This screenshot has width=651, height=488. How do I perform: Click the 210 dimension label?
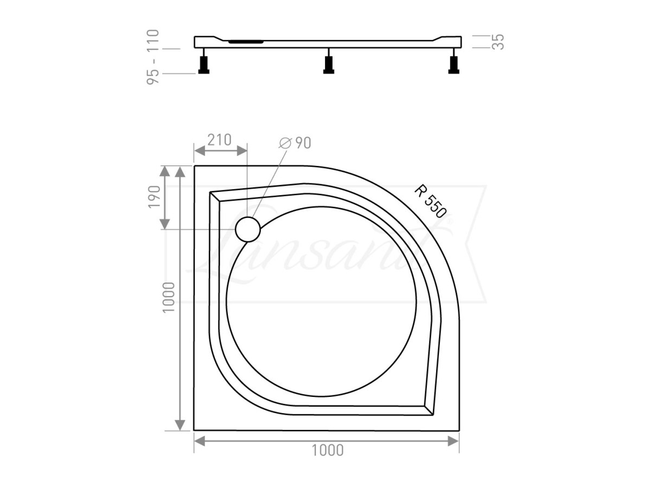coord(219,139)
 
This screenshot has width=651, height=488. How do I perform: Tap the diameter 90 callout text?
coord(295,143)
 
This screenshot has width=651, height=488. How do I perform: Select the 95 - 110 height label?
coord(153,56)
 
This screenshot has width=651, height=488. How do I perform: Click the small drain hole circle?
coord(248,229)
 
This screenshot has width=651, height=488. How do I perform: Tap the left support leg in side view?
coord(204,65)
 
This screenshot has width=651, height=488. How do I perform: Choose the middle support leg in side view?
coord(328,65)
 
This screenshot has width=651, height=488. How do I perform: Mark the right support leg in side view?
coord(453,65)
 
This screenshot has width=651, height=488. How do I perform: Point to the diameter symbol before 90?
coord(285,143)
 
